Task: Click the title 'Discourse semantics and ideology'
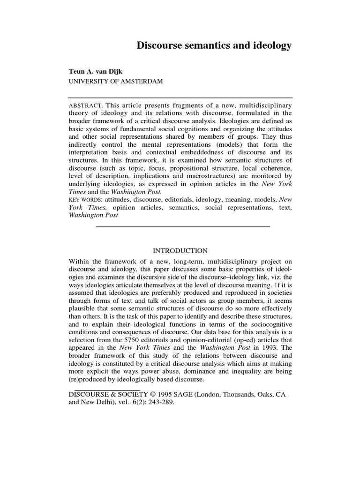tap(214, 45)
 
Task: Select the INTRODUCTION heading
tap(180, 250)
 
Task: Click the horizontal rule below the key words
tap(183, 226)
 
